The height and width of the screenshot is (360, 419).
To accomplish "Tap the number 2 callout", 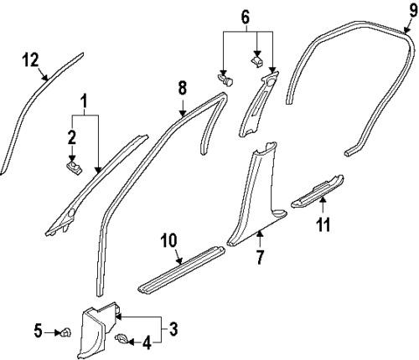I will coord(73,137).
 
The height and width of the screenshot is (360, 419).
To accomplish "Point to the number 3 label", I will coord(174,326).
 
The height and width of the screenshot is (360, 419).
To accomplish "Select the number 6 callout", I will coord(245,17).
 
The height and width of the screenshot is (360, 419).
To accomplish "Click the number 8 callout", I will coord(183,86).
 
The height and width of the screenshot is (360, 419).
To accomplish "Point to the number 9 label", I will coord(412,9).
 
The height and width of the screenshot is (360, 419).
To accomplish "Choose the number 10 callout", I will coord(168,241).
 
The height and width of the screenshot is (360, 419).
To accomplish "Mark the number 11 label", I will coord(323,225).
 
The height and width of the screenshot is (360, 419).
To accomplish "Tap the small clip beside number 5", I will coord(63,333).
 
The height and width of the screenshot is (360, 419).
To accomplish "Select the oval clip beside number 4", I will coord(122,339).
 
